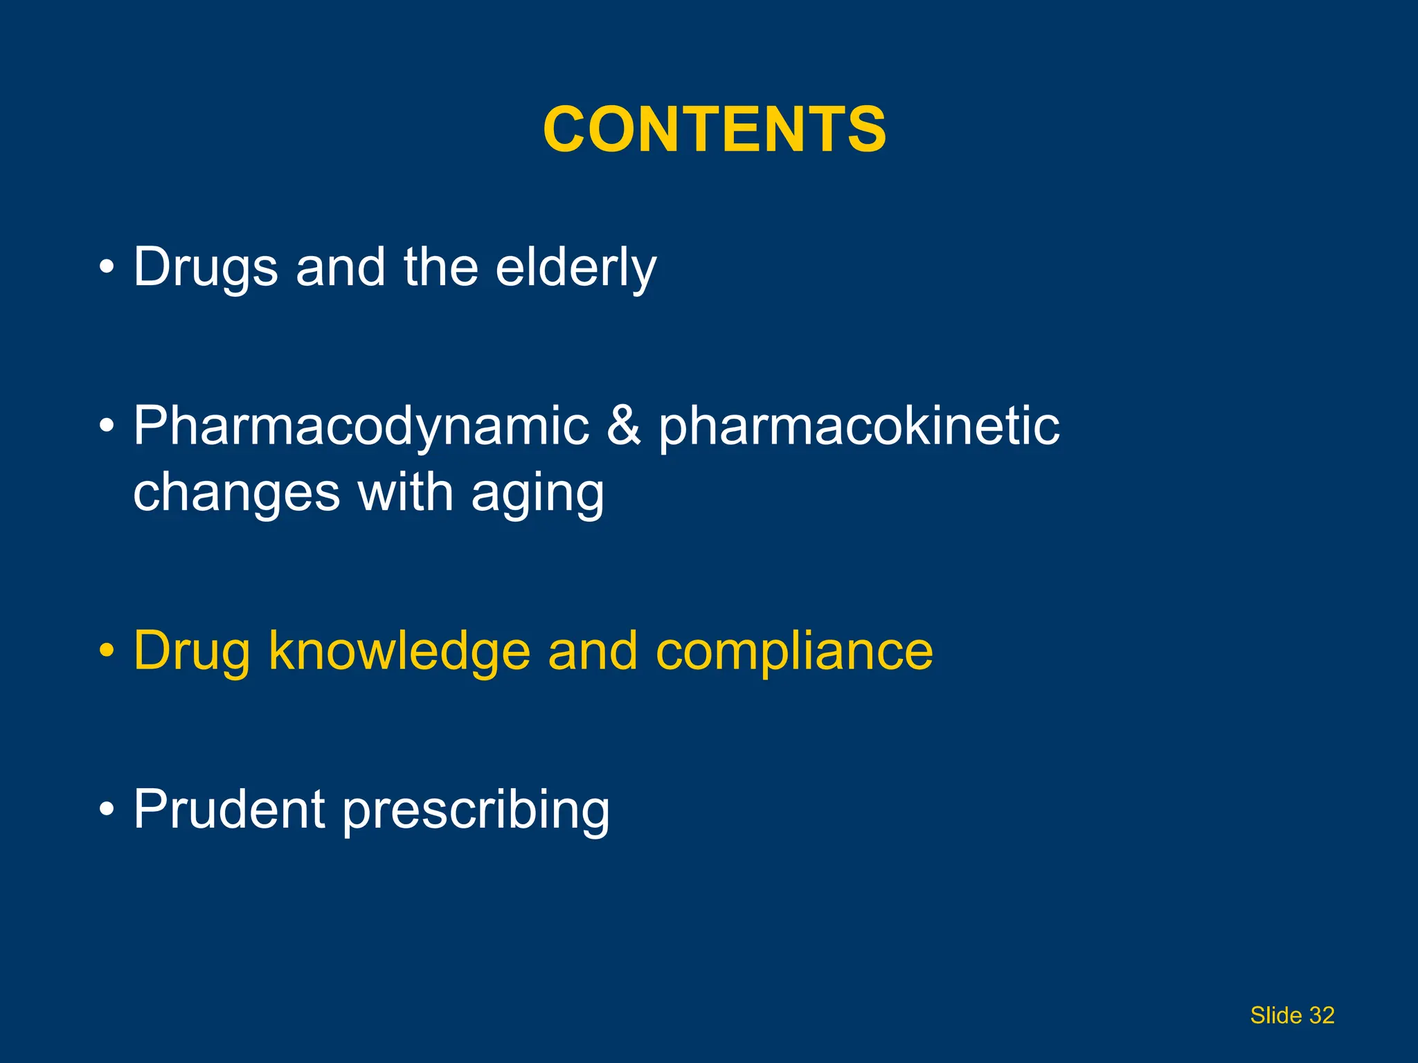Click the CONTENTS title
pyautogui.click(x=714, y=129)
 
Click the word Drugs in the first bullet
pyautogui.click(x=205, y=267)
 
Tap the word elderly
pyautogui.click(x=575, y=267)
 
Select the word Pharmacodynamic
pyautogui.click(x=361, y=426)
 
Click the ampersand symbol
pyautogui.click(x=623, y=426)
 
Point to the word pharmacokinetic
pyautogui.click(x=859, y=426)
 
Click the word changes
pyautogui.click(x=236, y=493)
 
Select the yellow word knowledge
pyautogui.click(x=400, y=651)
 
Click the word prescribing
pyautogui.click(x=476, y=810)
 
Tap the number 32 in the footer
pyautogui.click(x=1322, y=1015)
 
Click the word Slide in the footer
pyautogui.click(x=1275, y=1015)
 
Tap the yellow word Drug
pyautogui.click(x=191, y=651)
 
